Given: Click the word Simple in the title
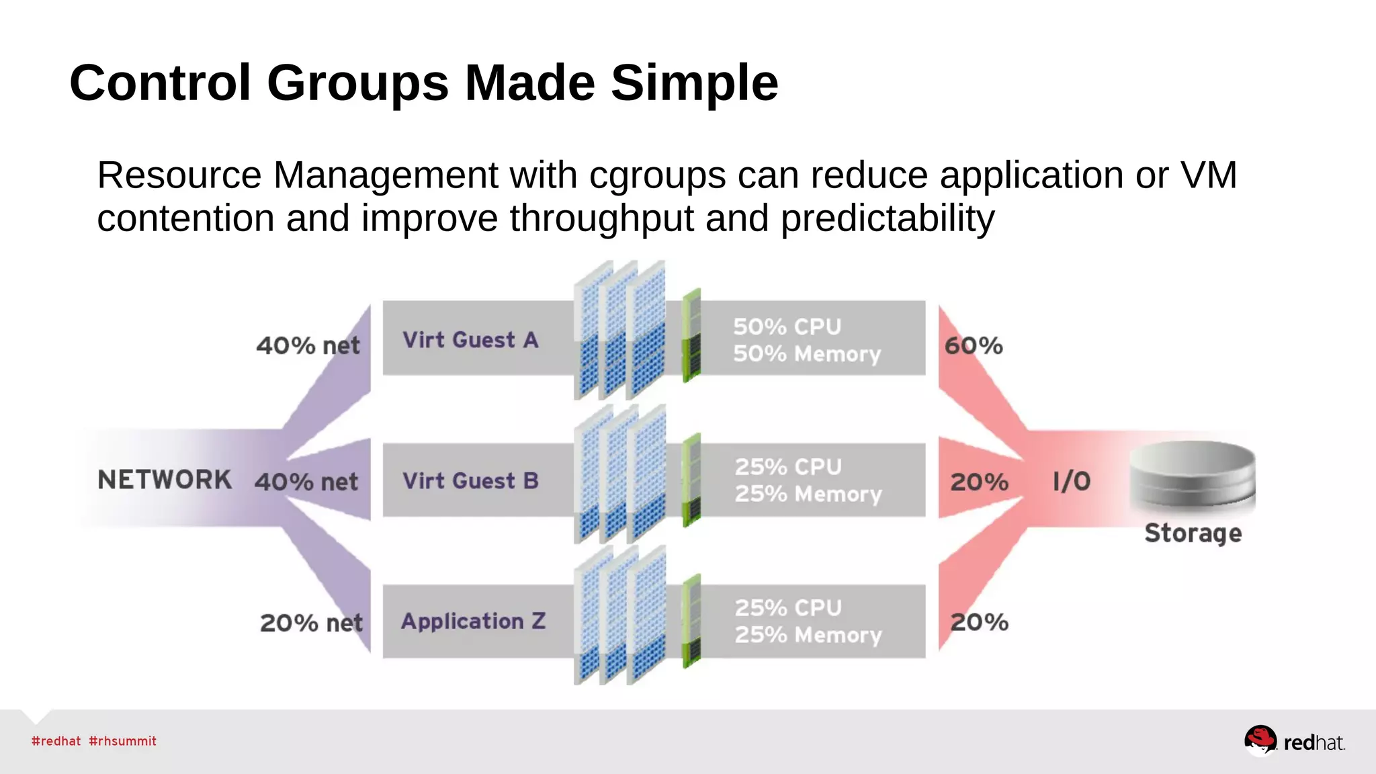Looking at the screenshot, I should (x=694, y=83).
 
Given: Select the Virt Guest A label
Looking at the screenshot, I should (x=470, y=340).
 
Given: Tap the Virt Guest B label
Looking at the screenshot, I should (x=470, y=481).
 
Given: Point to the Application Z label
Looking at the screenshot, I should (x=473, y=621).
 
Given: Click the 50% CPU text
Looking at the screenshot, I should (x=787, y=327).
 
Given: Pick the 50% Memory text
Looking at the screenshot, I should (x=806, y=354).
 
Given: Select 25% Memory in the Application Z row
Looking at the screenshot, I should (x=808, y=635).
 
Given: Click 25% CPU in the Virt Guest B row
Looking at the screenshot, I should (x=787, y=467).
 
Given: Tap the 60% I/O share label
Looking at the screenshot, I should (x=974, y=346).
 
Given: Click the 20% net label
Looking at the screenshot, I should (x=311, y=623).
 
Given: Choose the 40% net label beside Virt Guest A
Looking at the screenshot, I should (x=308, y=346).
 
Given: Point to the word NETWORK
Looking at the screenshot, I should (x=165, y=480).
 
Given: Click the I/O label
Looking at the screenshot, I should (x=1072, y=481).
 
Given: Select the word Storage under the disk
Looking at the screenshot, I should (x=1193, y=533).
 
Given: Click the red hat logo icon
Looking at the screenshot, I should (x=1260, y=740).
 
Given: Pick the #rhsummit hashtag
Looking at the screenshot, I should (x=122, y=741).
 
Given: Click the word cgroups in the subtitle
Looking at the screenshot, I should (x=657, y=175).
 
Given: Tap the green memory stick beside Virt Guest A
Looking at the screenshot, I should (x=691, y=336).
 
